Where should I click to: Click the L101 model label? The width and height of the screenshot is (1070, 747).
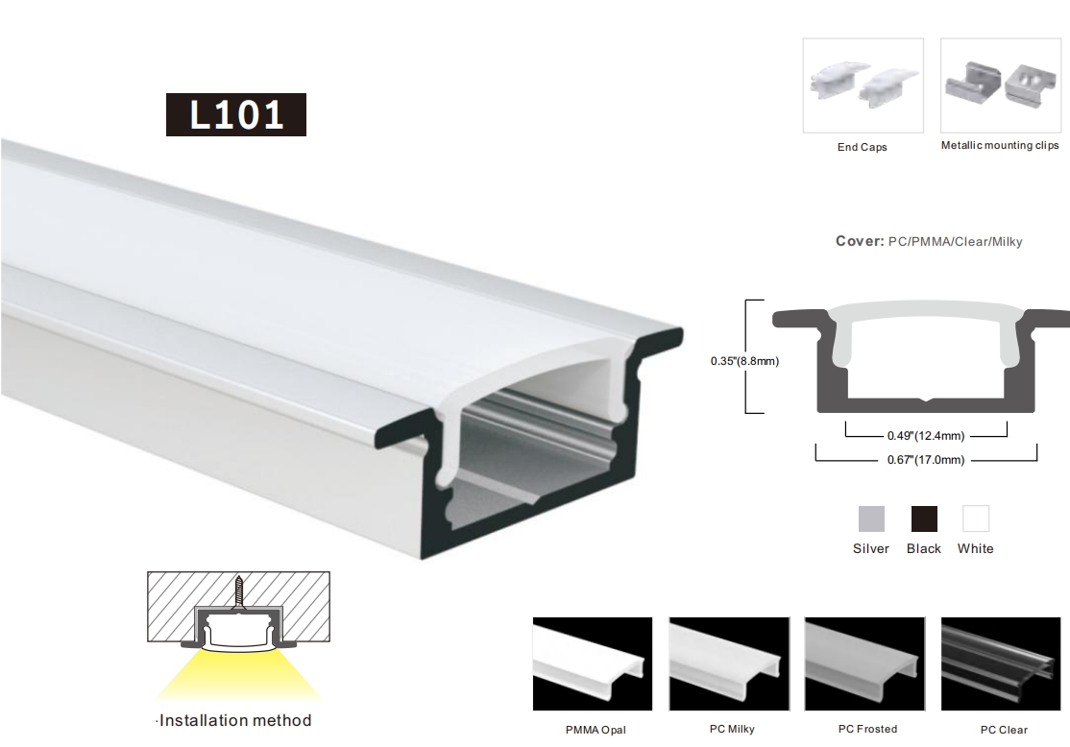click(x=236, y=114)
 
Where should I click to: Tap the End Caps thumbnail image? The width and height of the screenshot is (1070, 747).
click(x=863, y=85)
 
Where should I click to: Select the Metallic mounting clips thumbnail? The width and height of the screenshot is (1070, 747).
click(x=1001, y=85)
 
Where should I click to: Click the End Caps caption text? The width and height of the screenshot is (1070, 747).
click(x=862, y=147)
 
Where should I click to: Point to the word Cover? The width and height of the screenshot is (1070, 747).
click(x=860, y=241)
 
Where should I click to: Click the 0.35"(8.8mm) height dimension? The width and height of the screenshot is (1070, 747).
click(x=744, y=361)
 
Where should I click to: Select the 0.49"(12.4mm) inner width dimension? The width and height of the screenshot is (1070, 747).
click(x=926, y=435)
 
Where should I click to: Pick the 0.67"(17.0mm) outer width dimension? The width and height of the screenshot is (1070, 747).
click(x=926, y=460)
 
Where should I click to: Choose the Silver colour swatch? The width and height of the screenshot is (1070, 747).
click(x=871, y=519)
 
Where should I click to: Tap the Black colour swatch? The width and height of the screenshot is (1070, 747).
click(x=924, y=519)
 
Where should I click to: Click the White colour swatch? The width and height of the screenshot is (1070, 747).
click(x=976, y=519)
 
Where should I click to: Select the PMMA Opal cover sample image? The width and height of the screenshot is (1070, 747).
click(x=593, y=663)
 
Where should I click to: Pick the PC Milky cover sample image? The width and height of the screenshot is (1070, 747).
click(x=729, y=663)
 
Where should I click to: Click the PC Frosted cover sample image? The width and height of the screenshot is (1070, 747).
click(x=864, y=663)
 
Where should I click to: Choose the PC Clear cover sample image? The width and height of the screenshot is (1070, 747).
click(x=1001, y=663)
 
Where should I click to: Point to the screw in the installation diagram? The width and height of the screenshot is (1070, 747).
click(x=239, y=595)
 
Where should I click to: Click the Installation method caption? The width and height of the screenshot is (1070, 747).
click(x=234, y=720)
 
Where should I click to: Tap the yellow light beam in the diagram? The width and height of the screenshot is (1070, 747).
click(x=238, y=674)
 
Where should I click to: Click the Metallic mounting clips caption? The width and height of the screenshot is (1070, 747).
click(x=1000, y=145)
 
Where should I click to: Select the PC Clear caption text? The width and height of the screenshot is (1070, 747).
click(x=1004, y=730)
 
